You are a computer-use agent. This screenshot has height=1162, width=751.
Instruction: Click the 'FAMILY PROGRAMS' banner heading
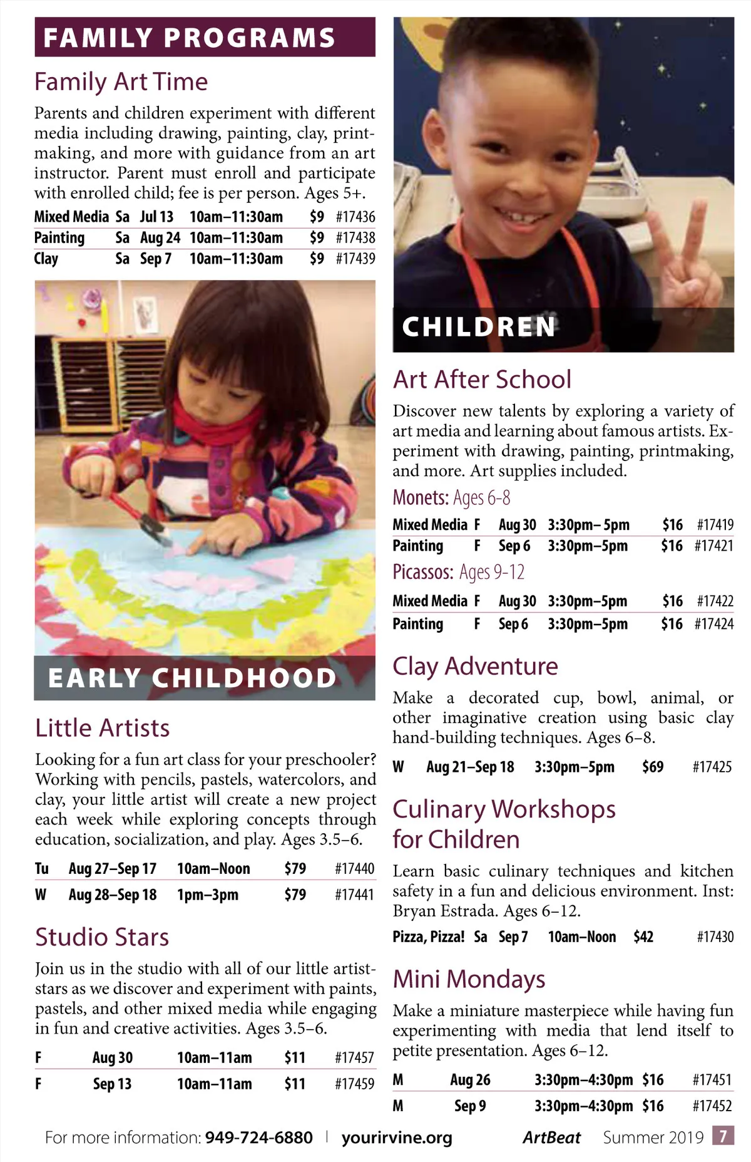pos(189,38)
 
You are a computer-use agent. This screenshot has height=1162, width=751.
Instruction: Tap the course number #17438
pos(355,238)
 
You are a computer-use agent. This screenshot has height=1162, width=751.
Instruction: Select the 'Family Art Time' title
pos(121,82)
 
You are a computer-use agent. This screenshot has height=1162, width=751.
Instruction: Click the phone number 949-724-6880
pos(258,1137)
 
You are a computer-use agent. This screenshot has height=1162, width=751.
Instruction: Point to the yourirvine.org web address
pos(397,1137)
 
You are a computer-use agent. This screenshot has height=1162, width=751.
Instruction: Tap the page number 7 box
pos(723,1136)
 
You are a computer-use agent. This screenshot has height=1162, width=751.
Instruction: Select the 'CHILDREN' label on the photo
pos(479,327)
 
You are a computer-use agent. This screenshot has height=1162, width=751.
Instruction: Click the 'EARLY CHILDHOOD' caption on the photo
pos(192,678)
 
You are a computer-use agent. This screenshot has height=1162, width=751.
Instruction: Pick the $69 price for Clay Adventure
pos(652,767)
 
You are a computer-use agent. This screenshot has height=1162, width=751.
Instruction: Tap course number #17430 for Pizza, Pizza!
pos(715,937)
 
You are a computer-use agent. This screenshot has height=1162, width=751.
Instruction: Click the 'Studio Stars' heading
pos(102,937)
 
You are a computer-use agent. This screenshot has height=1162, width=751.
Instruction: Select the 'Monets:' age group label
pos(421,498)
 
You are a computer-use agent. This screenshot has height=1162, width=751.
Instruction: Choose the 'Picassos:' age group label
pos(423,572)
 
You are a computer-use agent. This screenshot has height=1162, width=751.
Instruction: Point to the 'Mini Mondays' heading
pos(469,979)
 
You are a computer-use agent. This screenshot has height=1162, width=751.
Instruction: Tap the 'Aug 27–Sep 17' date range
pos(113,869)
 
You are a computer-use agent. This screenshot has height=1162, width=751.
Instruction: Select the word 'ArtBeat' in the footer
pos(551,1137)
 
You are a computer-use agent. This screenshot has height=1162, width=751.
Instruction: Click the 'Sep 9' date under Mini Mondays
pos(470,1106)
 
